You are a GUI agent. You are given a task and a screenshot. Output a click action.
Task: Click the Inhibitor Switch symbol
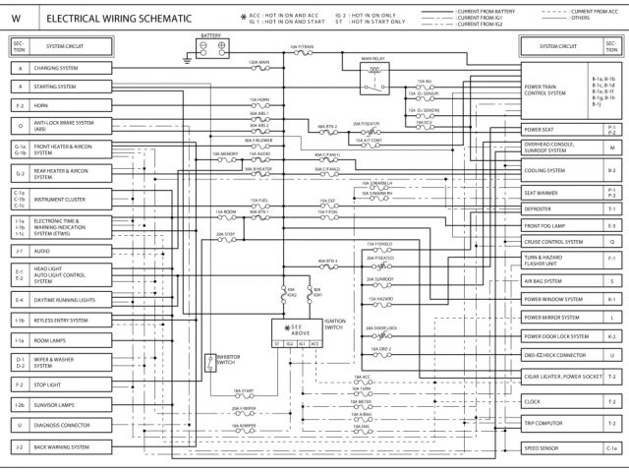click(x=209, y=362)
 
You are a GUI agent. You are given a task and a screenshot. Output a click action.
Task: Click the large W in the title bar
click(x=17, y=18)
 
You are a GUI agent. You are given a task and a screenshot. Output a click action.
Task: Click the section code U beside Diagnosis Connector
click(x=20, y=426)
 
